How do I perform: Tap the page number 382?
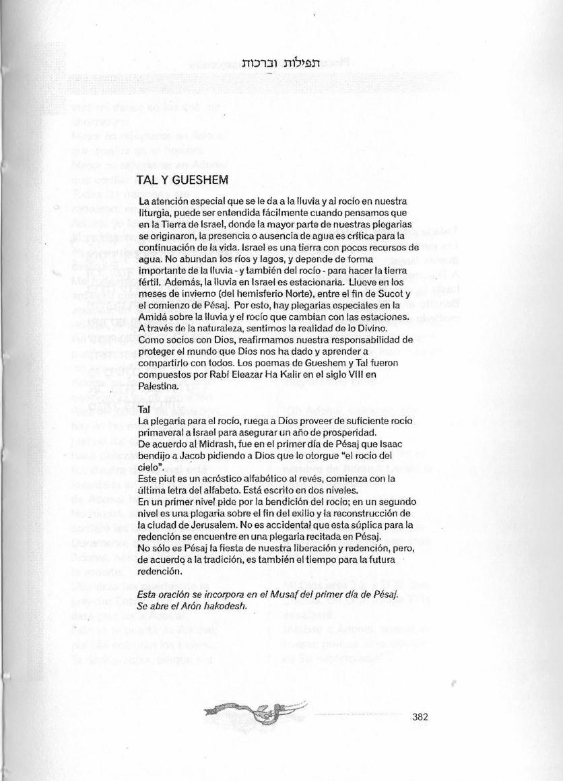tap(420, 716)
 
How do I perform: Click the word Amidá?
tap(152, 316)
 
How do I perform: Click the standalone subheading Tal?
tap(143, 409)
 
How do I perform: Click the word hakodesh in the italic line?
tap(224, 606)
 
